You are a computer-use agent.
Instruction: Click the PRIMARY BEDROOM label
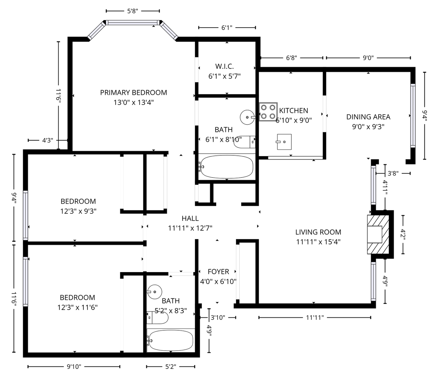tap(133, 93)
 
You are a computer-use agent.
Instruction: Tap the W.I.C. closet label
tap(225, 67)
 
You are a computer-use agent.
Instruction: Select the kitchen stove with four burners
tap(268, 112)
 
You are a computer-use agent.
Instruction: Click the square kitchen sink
tap(284, 142)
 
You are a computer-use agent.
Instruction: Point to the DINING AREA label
tap(368, 117)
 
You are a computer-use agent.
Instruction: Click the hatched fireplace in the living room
tap(378, 234)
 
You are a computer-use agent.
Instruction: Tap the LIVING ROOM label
tap(318, 232)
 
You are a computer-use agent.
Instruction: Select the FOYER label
tap(218, 272)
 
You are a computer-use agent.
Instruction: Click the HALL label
tap(190, 218)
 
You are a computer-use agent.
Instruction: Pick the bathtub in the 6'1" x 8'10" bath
tap(227, 166)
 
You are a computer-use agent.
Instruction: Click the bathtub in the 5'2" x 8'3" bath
tap(171, 341)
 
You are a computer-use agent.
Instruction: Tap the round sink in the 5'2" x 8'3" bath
tap(155, 292)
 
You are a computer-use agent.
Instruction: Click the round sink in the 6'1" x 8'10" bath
tap(248, 117)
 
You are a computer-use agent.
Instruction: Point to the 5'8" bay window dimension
tap(133, 11)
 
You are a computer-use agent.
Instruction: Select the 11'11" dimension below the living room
tap(315, 317)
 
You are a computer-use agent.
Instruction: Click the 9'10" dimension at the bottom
tap(74, 367)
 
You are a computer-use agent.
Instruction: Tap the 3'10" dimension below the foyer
tap(218, 317)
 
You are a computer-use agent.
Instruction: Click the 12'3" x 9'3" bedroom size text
tap(78, 211)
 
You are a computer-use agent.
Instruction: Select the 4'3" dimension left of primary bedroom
tap(48, 141)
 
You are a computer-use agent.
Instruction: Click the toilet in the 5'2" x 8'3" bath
tap(158, 318)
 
